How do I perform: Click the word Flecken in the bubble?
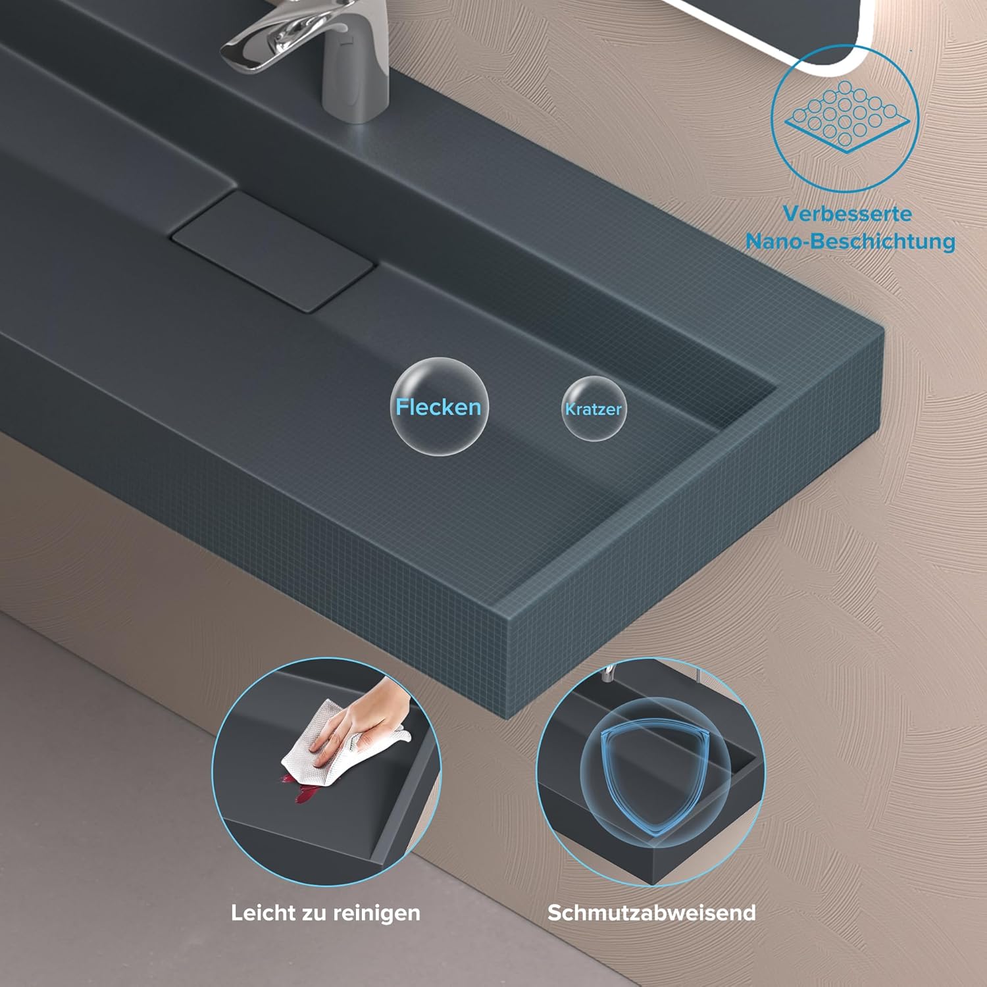[438, 407]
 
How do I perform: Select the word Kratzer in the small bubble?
[593, 409]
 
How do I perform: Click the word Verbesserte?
[848, 214]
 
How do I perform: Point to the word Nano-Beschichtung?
[850, 241]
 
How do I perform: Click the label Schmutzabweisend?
[651, 913]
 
